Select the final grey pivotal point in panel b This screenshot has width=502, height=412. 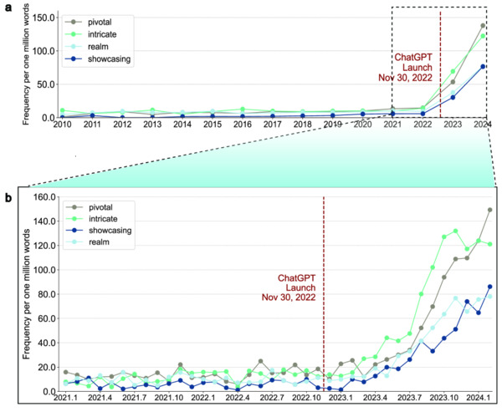(489, 211)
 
